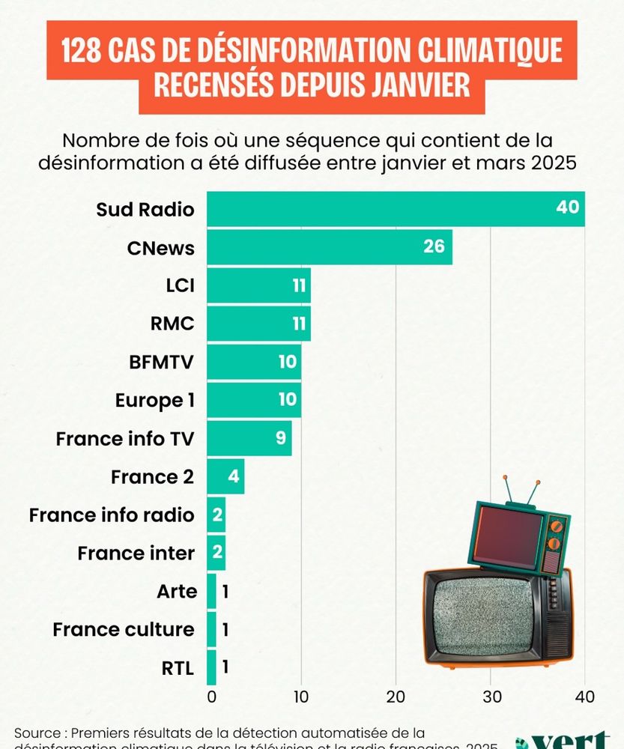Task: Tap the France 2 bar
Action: point(225,476)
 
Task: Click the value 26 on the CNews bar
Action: point(434,246)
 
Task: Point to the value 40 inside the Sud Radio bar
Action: point(568,207)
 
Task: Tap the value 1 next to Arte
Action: point(225,592)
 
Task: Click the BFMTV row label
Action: point(162,362)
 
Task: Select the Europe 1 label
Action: point(155,400)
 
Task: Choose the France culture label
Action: point(124,630)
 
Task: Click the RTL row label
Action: point(178,668)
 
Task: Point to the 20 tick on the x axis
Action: point(396,696)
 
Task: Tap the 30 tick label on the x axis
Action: point(491,696)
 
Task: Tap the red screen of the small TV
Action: point(509,538)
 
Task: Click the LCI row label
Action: point(180,285)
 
